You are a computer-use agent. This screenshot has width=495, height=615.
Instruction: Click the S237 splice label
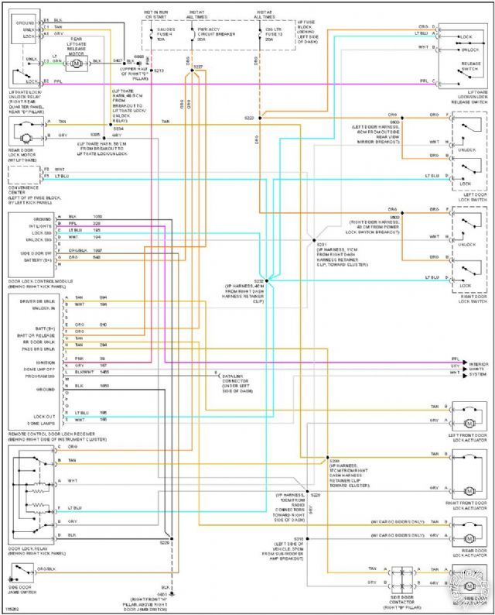tap(198, 67)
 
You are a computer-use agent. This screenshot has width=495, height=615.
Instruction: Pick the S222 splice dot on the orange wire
tap(261, 118)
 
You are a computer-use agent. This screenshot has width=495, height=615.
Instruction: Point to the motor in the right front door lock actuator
tap(468, 490)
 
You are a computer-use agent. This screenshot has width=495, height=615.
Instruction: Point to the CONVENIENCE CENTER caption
tap(29, 186)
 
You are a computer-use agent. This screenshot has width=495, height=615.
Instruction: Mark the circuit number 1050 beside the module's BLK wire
tap(97, 216)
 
